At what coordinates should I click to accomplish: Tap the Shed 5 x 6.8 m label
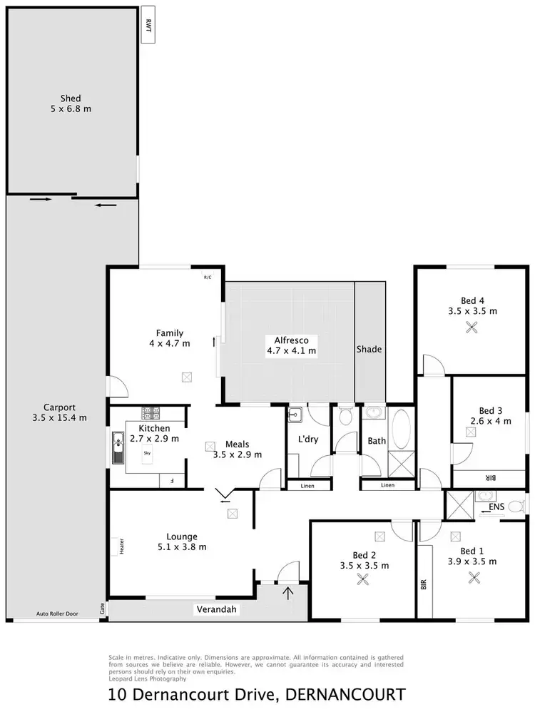tap(71, 103)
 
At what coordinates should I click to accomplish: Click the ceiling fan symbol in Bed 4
tap(471, 327)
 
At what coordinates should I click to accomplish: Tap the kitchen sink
tap(118, 448)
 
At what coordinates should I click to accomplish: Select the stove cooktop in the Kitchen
tap(151, 412)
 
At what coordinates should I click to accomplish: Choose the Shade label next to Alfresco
tap(370, 350)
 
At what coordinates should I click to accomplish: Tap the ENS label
tap(496, 508)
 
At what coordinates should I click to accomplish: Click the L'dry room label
tap(307, 439)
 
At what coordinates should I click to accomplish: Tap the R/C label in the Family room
tap(208, 277)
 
